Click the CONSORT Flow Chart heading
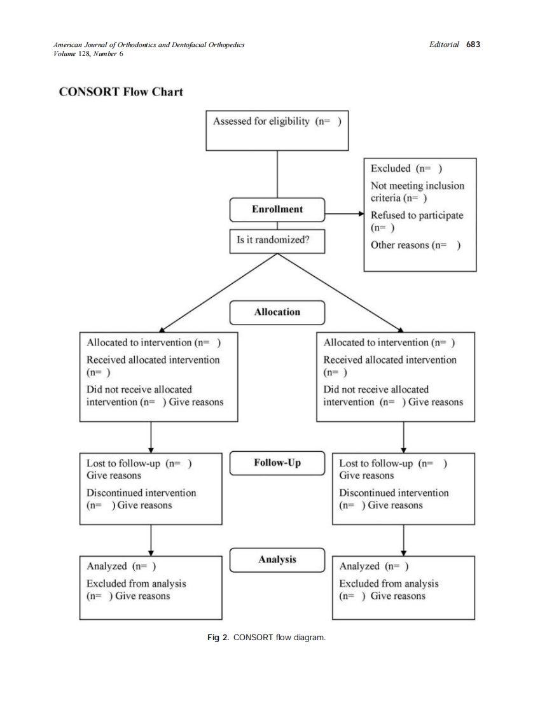pos(121,92)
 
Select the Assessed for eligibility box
pos(277,130)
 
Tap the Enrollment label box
pos(277,209)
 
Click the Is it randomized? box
pos(277,241)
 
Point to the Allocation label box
pos(277,312)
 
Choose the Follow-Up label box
pos(277,463)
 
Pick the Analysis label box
pos(277,559)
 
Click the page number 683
pos(473,45)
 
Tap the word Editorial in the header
pos(444,45)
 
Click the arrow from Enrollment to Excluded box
pos(343,214)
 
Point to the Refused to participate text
pos(417,215)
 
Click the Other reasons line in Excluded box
pos(415,245)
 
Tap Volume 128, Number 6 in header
pos(88,53)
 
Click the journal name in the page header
pos(149,45)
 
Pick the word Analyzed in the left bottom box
pos(107,566)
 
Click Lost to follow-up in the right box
pos(376,463)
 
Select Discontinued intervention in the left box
pos(141,493)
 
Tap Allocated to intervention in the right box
pos(376,342)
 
